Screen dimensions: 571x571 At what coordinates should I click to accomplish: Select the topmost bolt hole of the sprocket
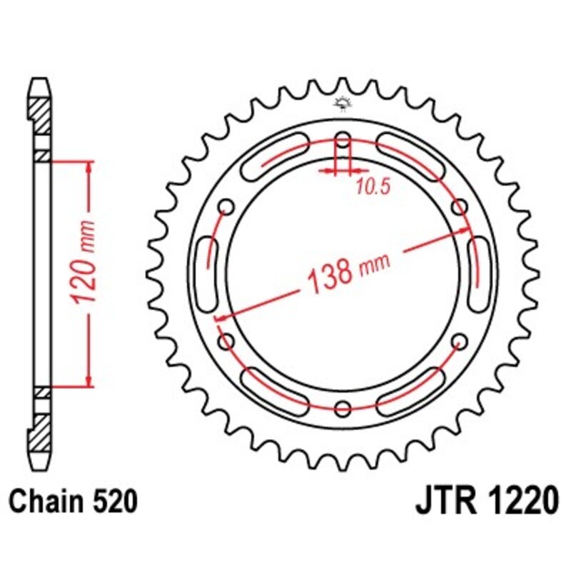pos(343,141)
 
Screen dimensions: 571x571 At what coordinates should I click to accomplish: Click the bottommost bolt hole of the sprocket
pos(343,408)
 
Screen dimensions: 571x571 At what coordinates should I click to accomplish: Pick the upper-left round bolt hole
pos(228,207)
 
